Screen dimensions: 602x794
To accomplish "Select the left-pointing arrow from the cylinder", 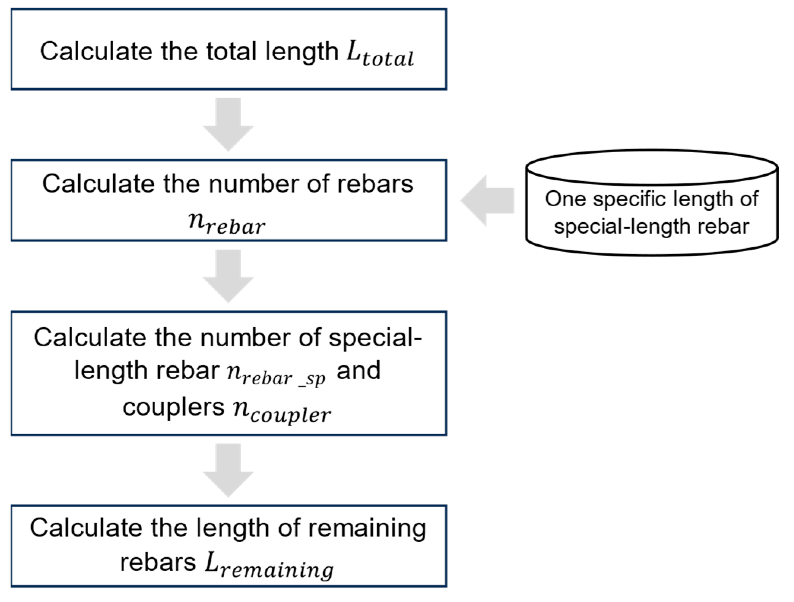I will [x=487, y=200].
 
